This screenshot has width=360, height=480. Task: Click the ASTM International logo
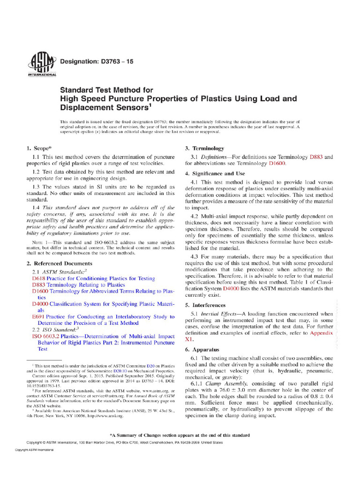point(42,64)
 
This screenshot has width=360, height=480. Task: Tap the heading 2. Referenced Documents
point(58,263)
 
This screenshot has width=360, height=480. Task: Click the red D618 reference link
point(39,278)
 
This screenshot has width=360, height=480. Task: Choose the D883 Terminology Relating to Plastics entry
point(78,285)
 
